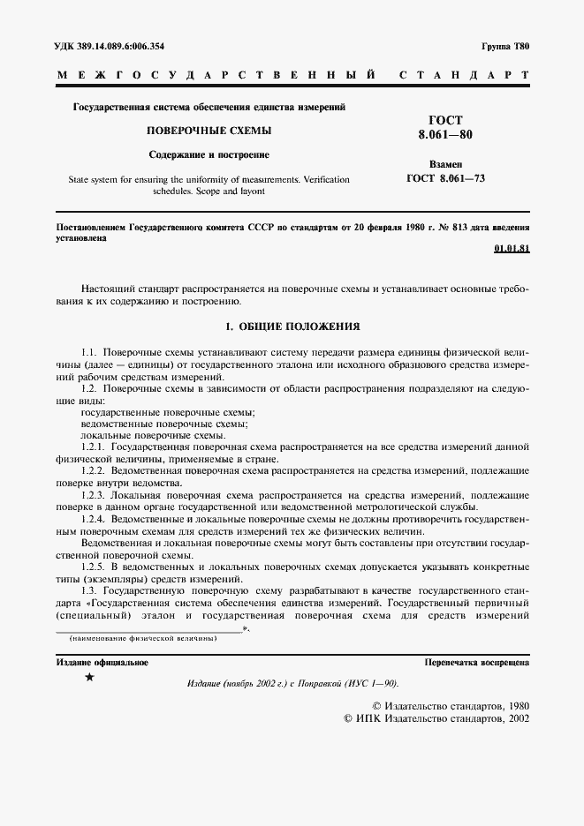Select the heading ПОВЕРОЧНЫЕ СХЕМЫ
point(209,131)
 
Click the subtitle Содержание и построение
point(209,154)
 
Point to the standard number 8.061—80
point(445,136)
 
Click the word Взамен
point(445,164)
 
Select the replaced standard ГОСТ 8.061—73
point(445,178)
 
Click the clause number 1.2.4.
point(93,521)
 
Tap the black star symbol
point(89,678)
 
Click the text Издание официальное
point(102,662)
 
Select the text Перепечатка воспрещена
point(476,662)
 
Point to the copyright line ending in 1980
point(451,706)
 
